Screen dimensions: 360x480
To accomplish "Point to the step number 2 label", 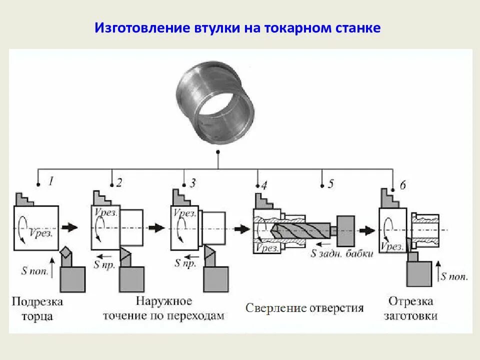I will pos(119,182).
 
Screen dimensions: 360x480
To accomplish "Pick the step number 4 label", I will pos(264,185).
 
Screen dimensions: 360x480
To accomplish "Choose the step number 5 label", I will pos(330,183).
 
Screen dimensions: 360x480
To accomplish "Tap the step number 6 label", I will pos(403,185).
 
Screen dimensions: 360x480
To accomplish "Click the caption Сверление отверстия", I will pos(304,307).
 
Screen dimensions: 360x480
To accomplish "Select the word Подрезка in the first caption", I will pos(37,301).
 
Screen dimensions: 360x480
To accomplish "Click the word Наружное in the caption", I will pos(163,301).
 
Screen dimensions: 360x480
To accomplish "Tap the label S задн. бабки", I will pos(342,253).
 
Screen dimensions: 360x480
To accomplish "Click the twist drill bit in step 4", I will pos(300,230).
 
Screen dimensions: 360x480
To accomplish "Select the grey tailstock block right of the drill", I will pos(346,230).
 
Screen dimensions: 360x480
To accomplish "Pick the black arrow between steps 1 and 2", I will pos(72,226).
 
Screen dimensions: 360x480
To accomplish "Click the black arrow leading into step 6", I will pos(368,230).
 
